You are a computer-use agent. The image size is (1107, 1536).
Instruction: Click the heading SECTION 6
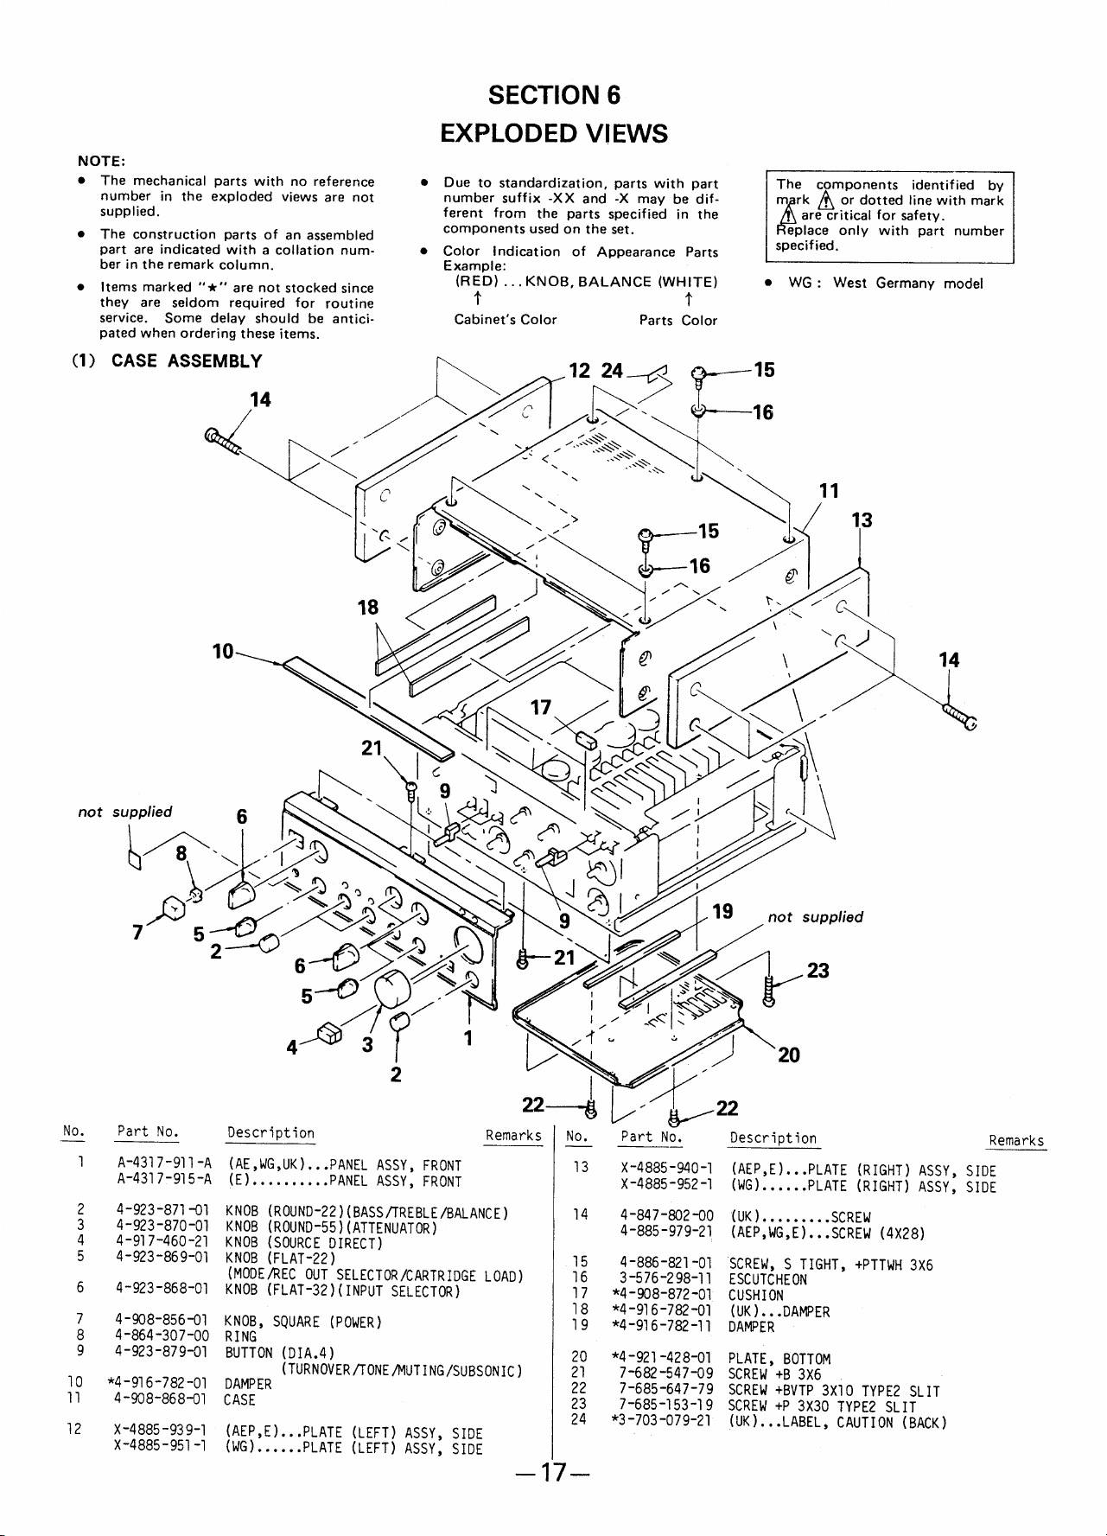click(x=554, y=94)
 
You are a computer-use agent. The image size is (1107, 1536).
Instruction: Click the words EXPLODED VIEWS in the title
click(x=554, y=133)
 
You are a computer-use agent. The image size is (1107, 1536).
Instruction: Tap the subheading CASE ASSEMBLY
click(x=187, y=360)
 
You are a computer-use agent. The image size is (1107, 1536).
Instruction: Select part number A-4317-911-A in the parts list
click(x=164, y=1165)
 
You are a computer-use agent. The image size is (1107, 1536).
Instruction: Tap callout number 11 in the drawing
click(x=829, y=491)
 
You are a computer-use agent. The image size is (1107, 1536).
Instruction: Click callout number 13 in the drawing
click(x=862, y=519)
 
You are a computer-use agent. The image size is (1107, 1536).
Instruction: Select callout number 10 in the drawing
click(x=223, y=650)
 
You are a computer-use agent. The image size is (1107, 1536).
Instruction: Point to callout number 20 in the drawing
click(x=788, y=1055)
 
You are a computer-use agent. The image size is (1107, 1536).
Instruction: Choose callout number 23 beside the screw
click(x=818, y=971)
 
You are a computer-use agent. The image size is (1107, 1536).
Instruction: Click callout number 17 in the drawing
click(x=541, y=708)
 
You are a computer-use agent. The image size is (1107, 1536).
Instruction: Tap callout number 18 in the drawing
click(x=368, y=607)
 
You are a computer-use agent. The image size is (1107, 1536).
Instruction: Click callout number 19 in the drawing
click(x=722, y=911)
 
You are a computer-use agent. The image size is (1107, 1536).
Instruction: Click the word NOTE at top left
click(x=102, y=160)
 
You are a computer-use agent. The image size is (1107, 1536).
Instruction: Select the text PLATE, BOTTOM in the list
click(x=767, y=1359)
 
